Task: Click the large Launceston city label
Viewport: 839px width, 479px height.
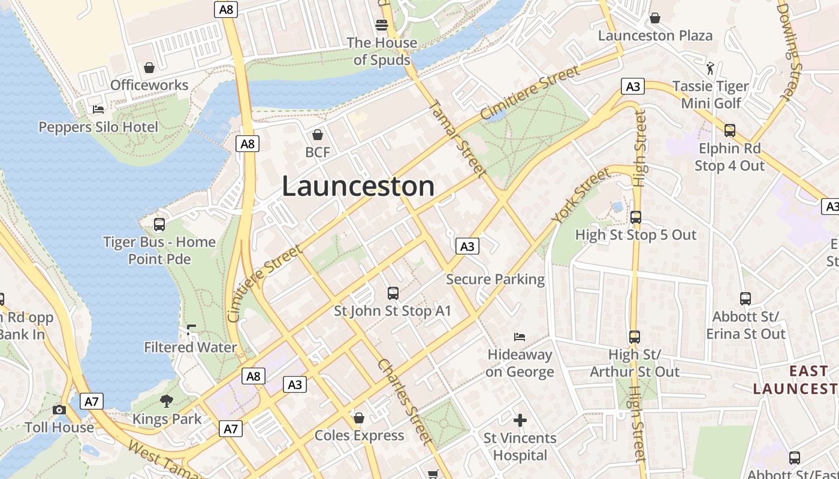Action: (358, 186)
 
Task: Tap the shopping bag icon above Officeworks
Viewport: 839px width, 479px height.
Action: (149, 68)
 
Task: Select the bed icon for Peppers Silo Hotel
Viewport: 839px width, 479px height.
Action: (98, 110)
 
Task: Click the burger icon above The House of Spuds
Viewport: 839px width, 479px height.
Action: (382, 25)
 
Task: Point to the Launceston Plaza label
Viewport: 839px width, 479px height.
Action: (655, 35)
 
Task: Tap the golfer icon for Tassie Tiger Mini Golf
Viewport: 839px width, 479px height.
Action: (711, 68)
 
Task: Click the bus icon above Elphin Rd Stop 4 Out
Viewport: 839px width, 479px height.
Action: (729, 130)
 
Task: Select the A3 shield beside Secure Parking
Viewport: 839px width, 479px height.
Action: (467, 246)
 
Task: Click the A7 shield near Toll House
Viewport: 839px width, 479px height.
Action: (91, 401)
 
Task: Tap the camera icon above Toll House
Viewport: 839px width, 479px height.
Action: (59, 410)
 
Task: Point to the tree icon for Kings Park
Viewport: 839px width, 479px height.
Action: (167, 401)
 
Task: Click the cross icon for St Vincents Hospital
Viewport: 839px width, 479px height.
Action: (520, 420)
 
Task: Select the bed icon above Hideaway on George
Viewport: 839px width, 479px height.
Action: (520, 337)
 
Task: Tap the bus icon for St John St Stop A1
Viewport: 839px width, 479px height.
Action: (393, 293)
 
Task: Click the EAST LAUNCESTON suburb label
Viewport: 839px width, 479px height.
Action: (795, 380)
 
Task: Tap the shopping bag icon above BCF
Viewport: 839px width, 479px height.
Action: (318, 135)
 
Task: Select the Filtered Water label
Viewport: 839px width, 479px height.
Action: (190, 347)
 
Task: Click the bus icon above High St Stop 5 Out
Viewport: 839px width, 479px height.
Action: (636, 217)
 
